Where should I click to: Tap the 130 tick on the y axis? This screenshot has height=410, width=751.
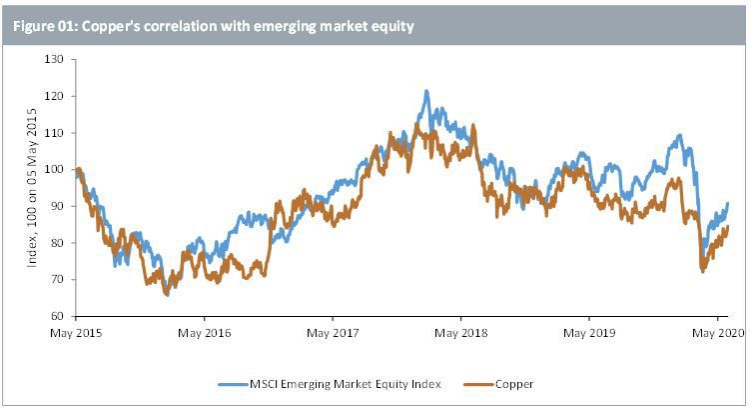tap(54, 59)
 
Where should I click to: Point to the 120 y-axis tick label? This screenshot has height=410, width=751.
tap(54, 96)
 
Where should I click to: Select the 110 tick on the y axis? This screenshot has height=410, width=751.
tap(54, 133)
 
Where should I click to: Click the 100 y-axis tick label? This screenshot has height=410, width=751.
tap(54, 170)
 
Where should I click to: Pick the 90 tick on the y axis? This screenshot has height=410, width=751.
tap(57, 206)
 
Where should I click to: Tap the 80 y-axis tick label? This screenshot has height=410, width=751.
tap(57, 243)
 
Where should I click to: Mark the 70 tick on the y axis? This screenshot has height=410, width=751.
tap(57, 280)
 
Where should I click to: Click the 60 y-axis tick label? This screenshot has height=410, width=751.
tap(57, 316)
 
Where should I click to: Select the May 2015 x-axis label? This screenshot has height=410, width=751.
tap(76, 333)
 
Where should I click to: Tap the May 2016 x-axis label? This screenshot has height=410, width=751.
tap(204, 333)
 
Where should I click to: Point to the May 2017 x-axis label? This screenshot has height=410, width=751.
tap(333, 333)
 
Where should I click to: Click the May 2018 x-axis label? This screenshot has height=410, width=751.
tap(460, 333)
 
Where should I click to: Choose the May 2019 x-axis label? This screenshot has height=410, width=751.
tap(589, 333)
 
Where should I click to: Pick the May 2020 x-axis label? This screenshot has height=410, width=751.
tap(718, 333)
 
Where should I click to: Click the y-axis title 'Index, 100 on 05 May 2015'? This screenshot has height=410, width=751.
tap(32, 187)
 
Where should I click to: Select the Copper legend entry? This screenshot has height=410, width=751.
tap(498, 384)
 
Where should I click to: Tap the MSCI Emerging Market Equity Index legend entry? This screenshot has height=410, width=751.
tap(329, 384)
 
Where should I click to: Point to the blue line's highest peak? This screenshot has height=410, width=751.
tap(426, 91)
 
